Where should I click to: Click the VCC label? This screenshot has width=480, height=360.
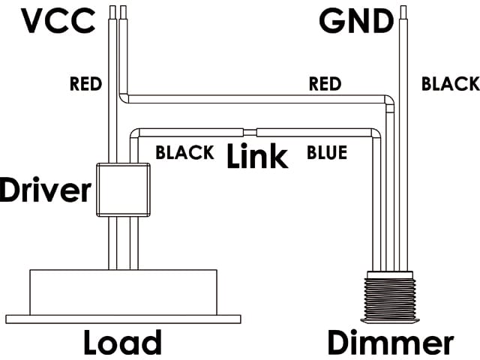[58, 21]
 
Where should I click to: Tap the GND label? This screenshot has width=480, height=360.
[356, 21]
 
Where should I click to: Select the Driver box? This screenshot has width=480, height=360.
[123, 190]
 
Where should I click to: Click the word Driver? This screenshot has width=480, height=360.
[45, 190]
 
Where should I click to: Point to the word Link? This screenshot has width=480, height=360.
[257, 156]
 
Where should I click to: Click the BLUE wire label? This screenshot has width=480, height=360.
[327, 153]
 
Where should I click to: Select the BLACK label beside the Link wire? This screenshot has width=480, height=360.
[185, 153]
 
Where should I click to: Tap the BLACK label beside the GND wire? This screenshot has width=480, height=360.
[451, 84]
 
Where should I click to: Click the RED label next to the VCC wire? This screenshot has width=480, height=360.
[85, 84]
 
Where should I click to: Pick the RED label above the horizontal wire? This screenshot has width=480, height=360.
[325, 84]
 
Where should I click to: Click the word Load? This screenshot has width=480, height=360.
[122, 343]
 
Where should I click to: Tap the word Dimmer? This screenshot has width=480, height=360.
[391, 343]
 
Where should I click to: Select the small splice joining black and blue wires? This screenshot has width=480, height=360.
[250, 133]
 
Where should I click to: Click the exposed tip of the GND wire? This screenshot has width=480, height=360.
[403, 13]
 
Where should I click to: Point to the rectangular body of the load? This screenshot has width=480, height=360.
[123, 292]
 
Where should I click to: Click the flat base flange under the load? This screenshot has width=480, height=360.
[123, 319]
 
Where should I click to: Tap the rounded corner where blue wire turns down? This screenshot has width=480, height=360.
[376, 133]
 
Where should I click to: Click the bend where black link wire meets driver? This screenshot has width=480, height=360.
[135, 133]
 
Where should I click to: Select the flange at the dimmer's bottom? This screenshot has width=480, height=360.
[390, 320]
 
